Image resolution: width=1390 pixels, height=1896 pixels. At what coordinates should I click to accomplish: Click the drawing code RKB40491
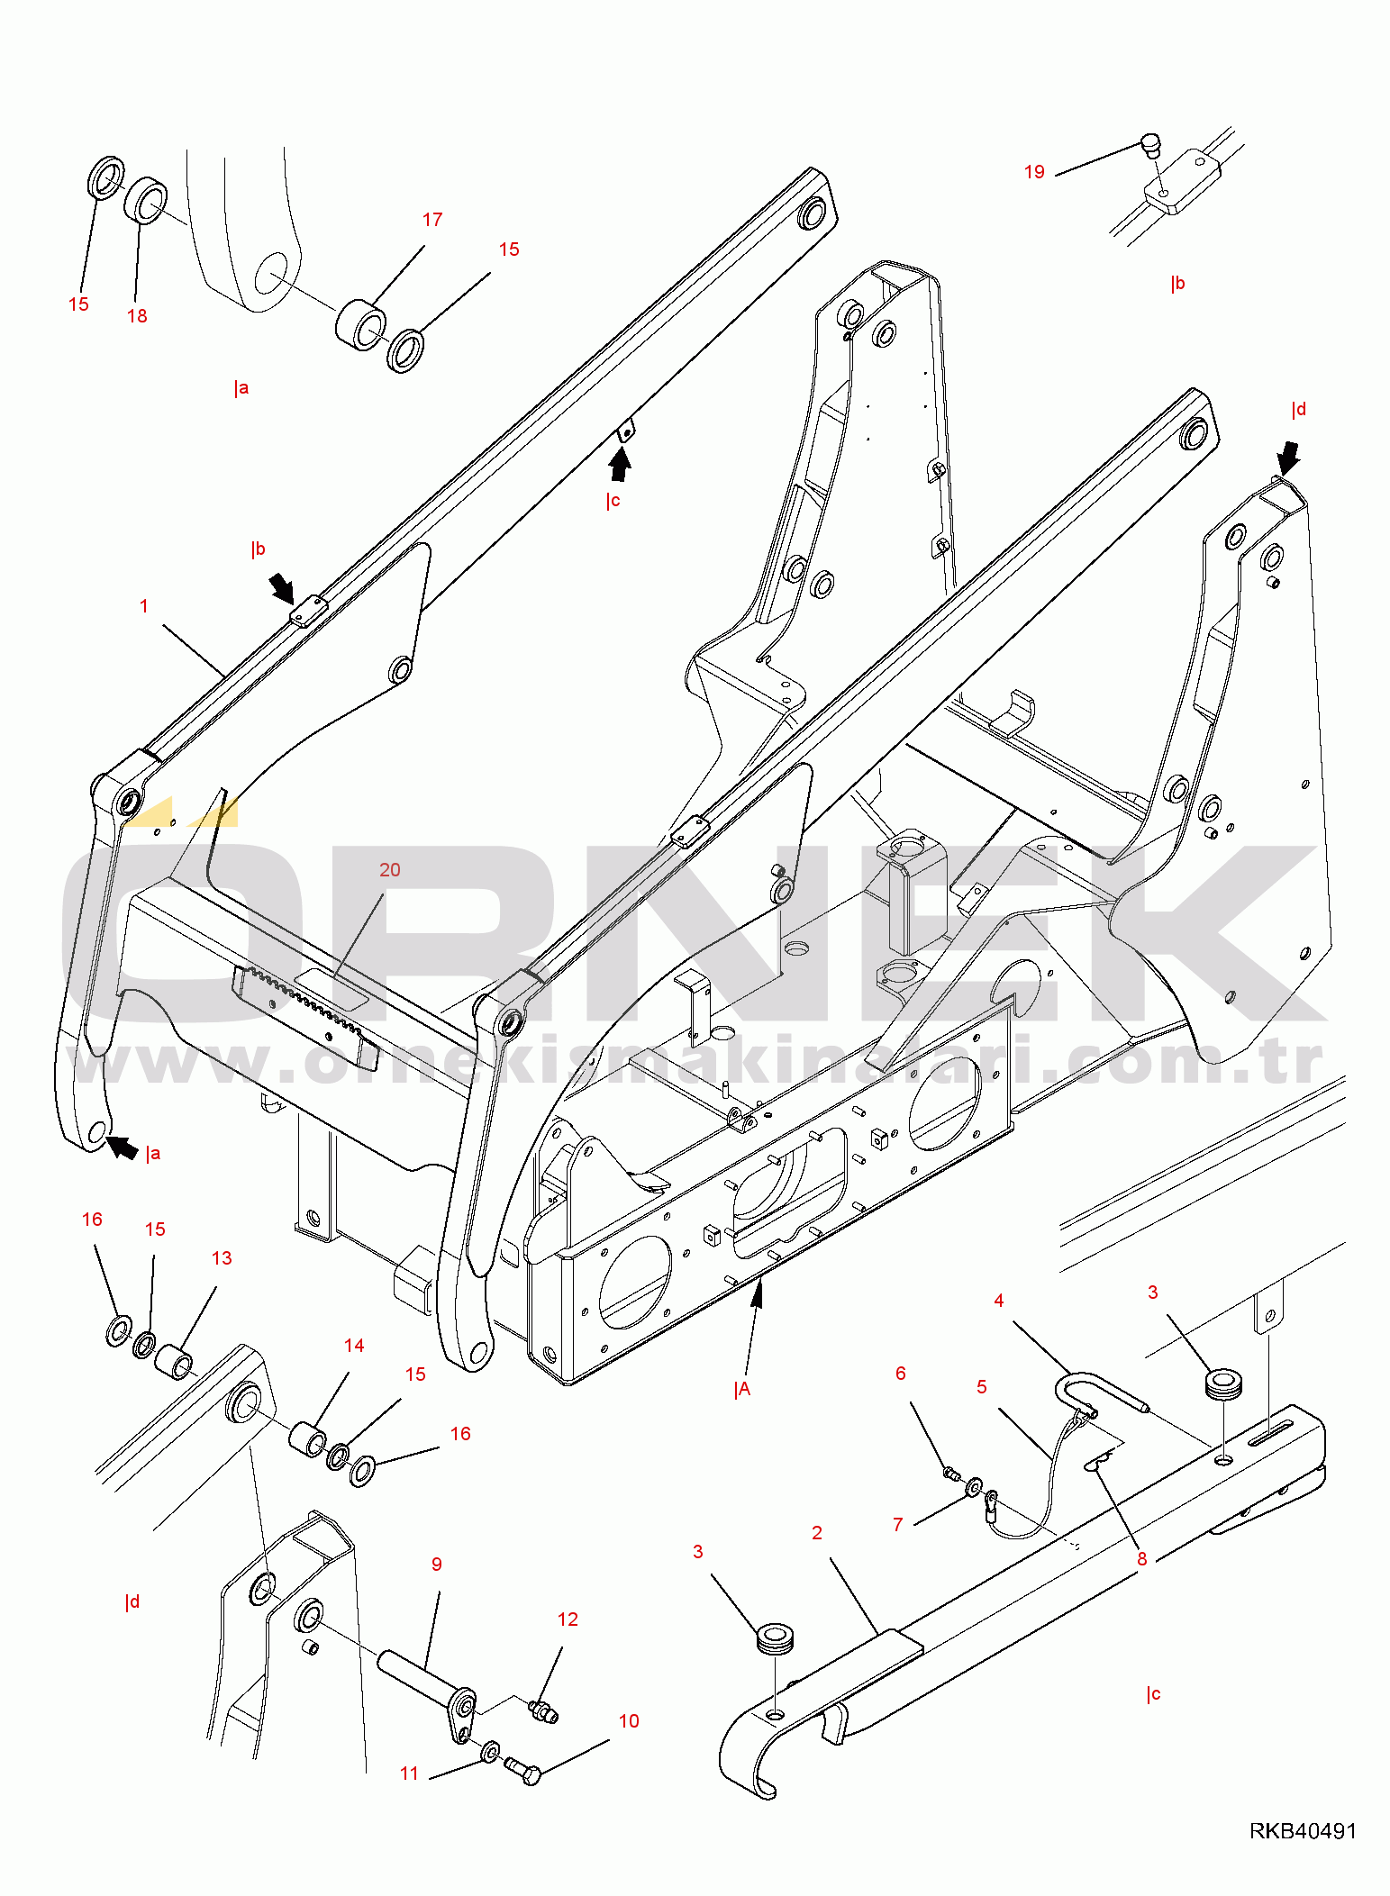coord(1303,1830)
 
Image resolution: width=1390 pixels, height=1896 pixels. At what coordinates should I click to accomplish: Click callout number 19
coord(1034,172)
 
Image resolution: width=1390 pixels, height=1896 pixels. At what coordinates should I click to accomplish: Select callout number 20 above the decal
coord(389,870)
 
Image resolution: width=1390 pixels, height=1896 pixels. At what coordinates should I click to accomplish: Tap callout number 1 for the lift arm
coord(144,606)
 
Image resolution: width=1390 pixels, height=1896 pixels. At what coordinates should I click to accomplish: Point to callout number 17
coord(432,220)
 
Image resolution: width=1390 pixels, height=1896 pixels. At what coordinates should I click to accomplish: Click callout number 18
coord(137,316)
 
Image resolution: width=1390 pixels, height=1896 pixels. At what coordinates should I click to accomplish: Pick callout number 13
coord(222,1258)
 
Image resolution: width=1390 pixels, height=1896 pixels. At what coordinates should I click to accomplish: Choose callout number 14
coord(354,1346)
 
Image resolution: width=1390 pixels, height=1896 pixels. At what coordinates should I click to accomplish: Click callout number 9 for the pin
coord(437,1565)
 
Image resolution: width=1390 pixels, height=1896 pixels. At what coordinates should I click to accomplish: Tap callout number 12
coord(568,1619)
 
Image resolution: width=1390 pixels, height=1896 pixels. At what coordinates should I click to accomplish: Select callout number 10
coord(629,1721)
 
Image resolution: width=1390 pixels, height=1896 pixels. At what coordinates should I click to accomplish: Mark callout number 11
coord(410,1774)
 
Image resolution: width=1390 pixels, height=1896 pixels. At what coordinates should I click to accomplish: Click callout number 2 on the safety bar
coord(817,1533)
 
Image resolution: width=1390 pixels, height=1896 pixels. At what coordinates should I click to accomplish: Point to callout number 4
coord(999,1301)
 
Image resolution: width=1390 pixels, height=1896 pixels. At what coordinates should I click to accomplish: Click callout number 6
coord(901,1374)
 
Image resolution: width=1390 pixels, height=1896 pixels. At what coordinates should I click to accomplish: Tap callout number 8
coord(1142,1559)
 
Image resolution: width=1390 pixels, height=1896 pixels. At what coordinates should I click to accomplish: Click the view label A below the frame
coord(742,1390)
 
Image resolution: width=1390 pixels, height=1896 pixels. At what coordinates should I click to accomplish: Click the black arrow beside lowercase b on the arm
coord(282,589)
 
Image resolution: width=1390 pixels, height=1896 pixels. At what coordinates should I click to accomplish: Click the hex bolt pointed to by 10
coord(522,1770)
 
